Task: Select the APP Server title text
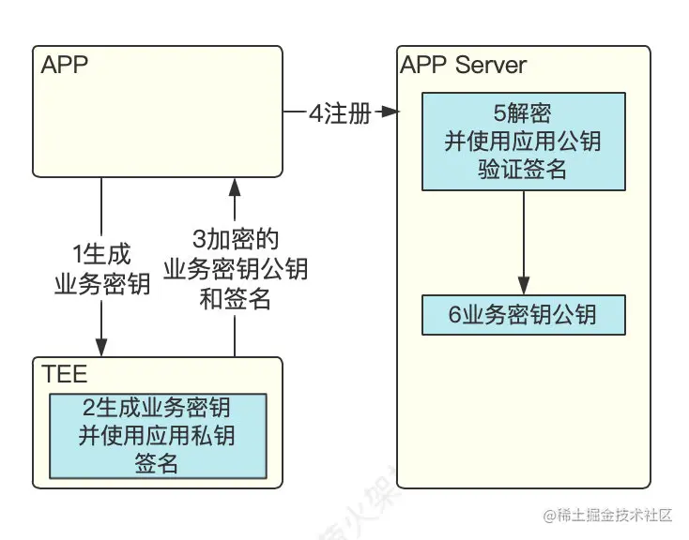pos(463,65)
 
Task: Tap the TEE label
pos(65,375)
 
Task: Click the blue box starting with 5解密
pos(523,141)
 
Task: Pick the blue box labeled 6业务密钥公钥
pos(523,315)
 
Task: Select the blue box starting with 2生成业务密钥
pos(157,435)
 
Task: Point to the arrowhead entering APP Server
pos(390,113)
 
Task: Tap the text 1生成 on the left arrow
pos(101,254)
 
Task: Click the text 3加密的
pos(235,239)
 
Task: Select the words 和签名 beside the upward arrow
pos(235,299)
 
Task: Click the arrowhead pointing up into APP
pos(235,187)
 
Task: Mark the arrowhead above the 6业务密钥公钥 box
pos(523,286)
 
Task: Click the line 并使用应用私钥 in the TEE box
pos(157,436)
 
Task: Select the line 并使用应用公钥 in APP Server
pos(523,142)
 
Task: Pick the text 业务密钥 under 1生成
pos(101,285)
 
